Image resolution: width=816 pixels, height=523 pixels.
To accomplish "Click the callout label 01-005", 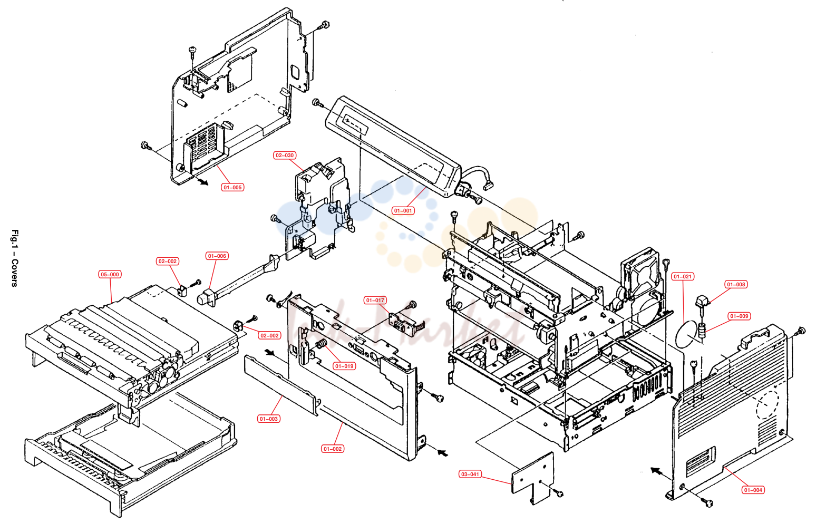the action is pos(232,187).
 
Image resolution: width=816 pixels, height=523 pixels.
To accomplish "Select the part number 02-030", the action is pos(285,155).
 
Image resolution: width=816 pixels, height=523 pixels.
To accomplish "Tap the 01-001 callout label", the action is pos(403,211).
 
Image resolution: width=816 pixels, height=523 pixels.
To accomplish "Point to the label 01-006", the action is pos(217,256).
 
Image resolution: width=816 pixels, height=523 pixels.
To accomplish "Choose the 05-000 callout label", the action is pos(110,275).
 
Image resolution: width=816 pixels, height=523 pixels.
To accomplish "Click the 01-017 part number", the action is pos(375,301).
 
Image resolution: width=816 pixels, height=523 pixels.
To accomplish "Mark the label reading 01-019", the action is pos(344,366).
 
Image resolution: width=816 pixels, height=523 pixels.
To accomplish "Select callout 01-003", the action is pos(268,419).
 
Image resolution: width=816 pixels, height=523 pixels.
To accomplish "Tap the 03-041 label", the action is pos(470,474).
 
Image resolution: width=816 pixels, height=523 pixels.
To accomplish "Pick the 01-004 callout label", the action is pos(753,490).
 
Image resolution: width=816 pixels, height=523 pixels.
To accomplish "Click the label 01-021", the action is pos(683,277).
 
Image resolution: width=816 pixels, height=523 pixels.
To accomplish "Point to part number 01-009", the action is pos(739,316).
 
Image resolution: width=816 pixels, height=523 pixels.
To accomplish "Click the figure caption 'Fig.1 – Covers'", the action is pos(15,258).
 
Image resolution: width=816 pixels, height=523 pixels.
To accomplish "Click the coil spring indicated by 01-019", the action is pos(320,343).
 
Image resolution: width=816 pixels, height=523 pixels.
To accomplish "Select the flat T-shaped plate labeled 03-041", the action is pos(533,478).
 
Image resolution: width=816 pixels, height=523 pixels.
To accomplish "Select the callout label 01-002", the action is pos(333,449).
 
